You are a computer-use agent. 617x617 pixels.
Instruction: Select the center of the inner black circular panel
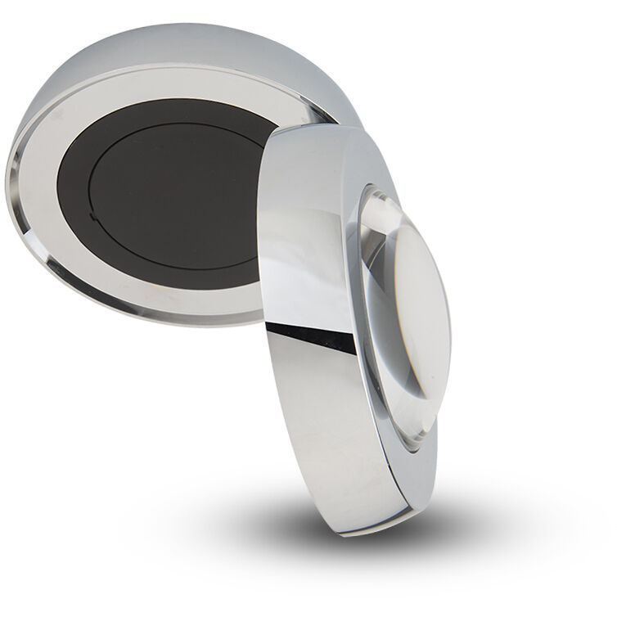[176, 196]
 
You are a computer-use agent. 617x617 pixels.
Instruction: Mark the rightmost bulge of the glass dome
[449, 327]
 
